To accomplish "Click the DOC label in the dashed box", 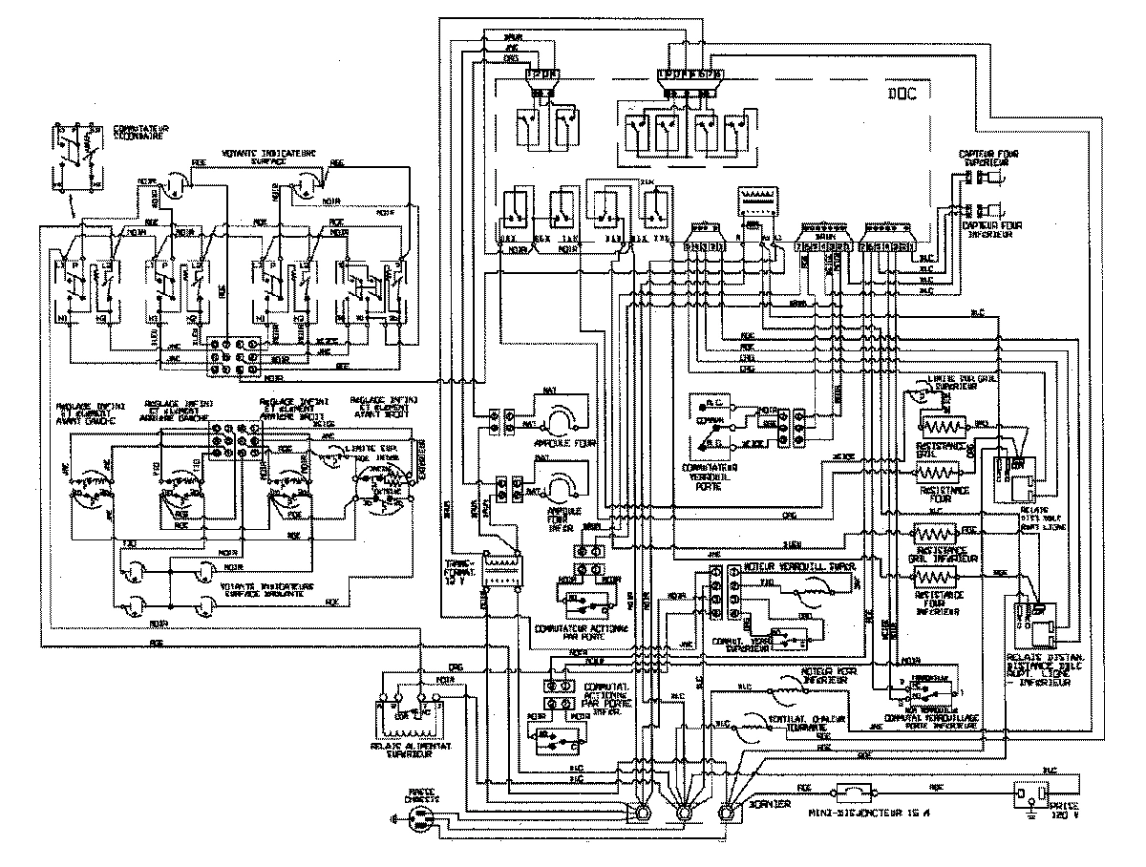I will coord(902,94).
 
